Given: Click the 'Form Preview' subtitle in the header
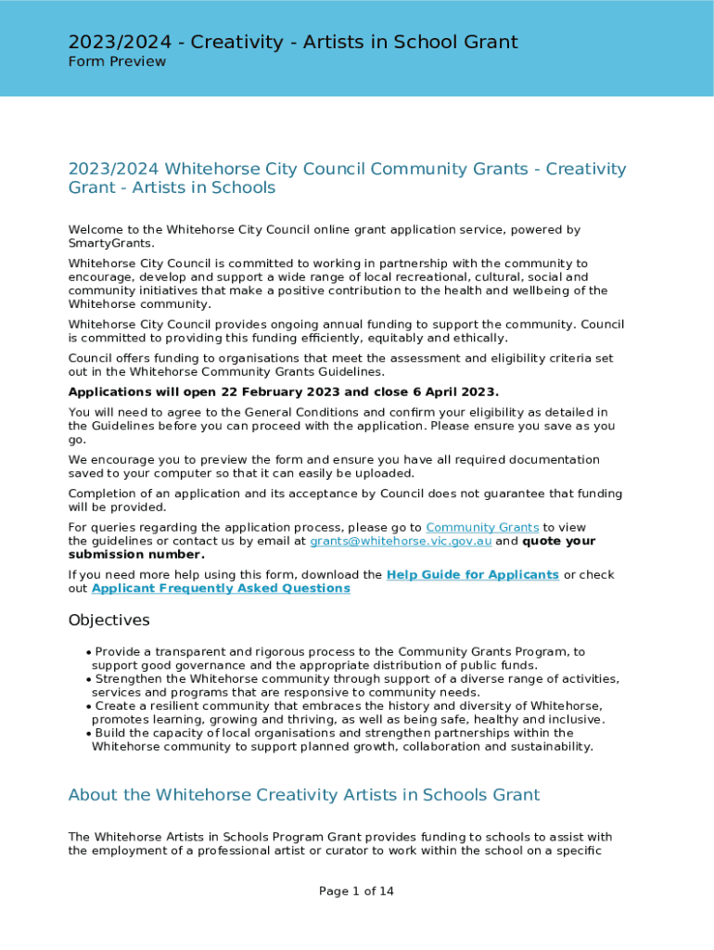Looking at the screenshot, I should coord(117,61).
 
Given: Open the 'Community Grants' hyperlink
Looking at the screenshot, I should coord(482,527).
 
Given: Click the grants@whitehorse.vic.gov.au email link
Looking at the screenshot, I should coord(401,541).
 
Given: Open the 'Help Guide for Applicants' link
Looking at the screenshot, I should coord(472,574).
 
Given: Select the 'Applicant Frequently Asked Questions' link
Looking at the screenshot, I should coord(221,588).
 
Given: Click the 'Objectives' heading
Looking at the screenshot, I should coord(108,620).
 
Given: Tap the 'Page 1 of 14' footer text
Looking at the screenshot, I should coord(356,892).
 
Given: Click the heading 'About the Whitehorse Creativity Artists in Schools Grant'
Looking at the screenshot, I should coord(303,795).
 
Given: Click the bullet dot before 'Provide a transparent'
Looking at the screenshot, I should coord(88,652).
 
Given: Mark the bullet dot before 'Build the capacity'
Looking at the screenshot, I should coord(88,733).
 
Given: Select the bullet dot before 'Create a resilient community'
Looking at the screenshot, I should coord(88,706).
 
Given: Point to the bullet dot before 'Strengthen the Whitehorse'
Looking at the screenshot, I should coord(88,679).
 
